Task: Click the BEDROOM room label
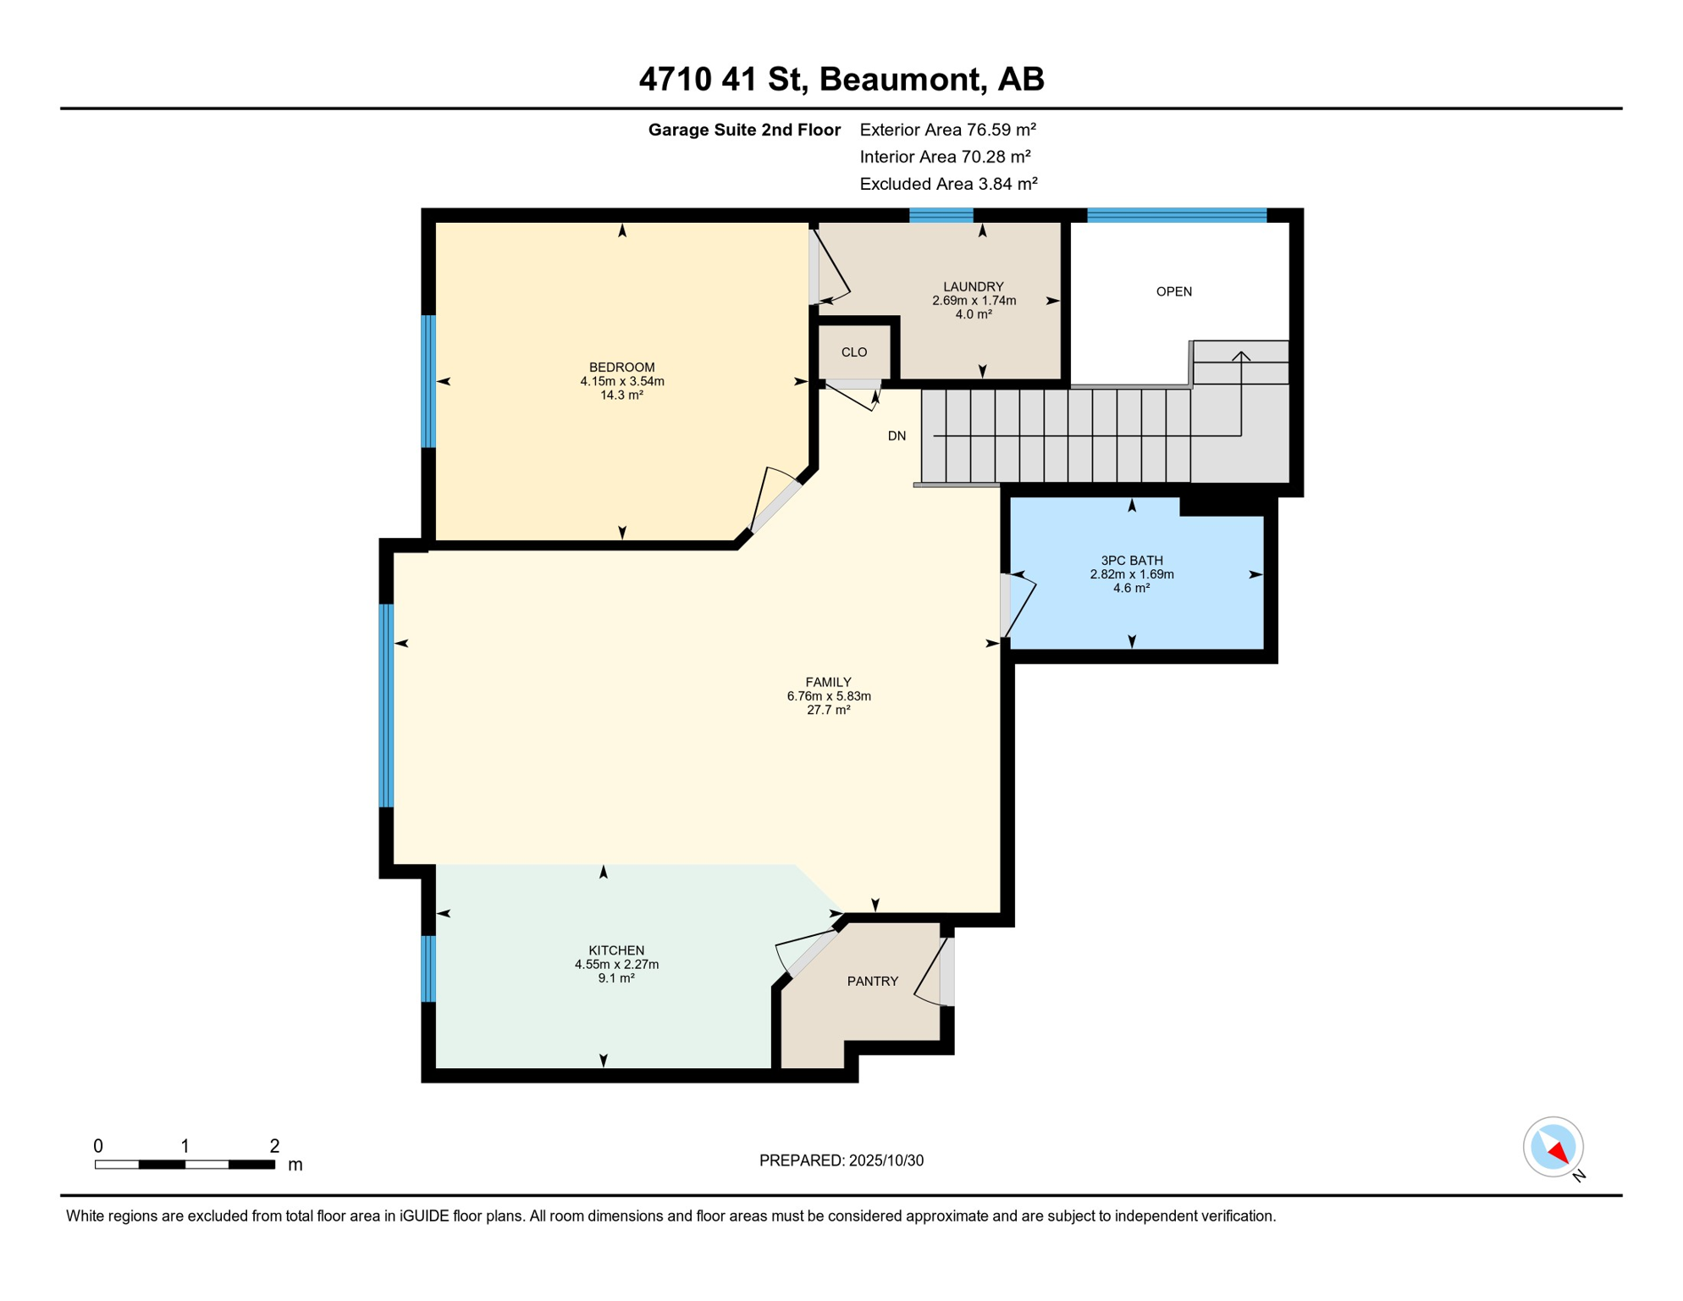click(621, 367)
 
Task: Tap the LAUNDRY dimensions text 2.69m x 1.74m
click(974, 301)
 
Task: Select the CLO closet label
click(853, 352)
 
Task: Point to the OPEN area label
click(1173, 291)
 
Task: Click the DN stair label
click(897, 436)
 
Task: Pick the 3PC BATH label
click(1131, 560)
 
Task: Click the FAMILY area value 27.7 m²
click(828, 710)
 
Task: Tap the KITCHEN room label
click(616, 950)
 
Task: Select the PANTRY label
click(872, 981)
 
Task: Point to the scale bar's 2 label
click(274, 1146)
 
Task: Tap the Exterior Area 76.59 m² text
click(947, 130)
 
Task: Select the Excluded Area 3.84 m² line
click(948, 184)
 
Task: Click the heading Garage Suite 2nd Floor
click(743, 130)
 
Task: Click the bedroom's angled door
click(775, 505)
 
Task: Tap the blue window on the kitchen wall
click(428, 968)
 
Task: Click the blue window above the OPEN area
click(1176, 215)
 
